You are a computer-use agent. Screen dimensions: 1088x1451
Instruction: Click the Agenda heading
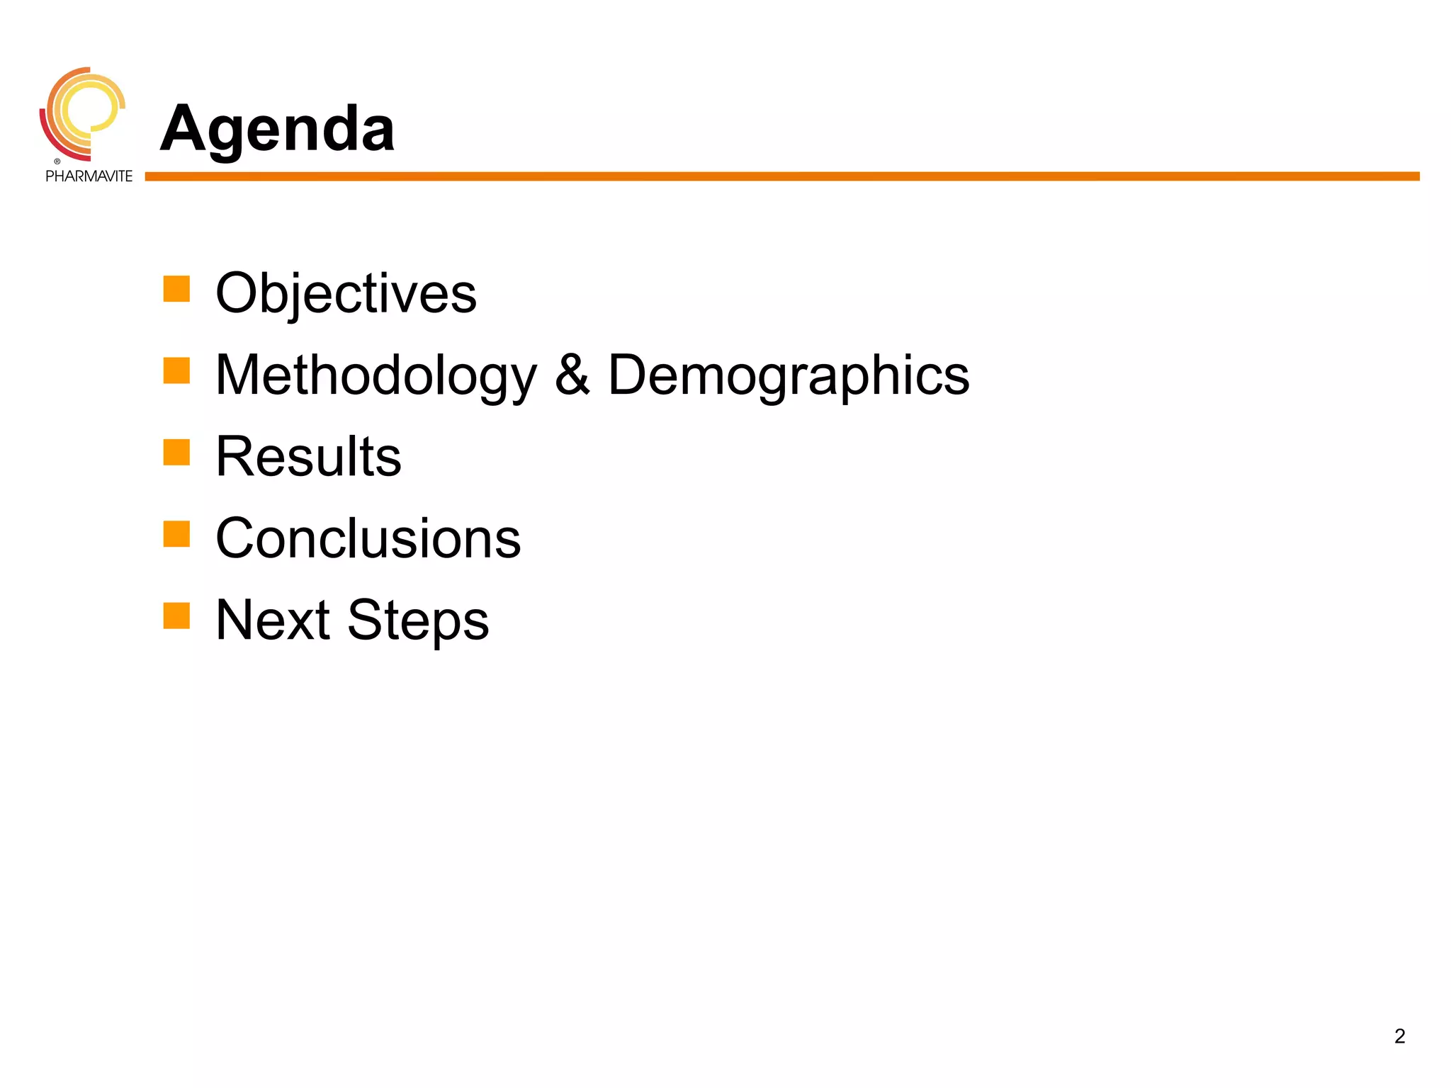point(277,129)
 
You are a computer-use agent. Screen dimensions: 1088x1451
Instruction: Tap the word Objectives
point(346,293)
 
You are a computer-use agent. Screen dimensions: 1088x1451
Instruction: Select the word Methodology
point(376,375)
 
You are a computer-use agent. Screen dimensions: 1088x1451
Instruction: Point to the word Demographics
point(789,375)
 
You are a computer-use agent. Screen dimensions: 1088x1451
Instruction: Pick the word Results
point(308,457)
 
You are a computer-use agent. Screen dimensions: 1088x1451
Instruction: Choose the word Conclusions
point(368,538)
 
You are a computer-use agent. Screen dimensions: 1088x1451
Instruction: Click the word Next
point(273,620)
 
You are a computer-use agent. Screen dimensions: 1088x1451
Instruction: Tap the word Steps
point(418,620)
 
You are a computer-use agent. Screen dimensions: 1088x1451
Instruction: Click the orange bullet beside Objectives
point(176,289)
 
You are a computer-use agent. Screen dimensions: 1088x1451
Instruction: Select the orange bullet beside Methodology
point(176,370)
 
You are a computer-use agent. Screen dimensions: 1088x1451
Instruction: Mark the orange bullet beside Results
point(176,453)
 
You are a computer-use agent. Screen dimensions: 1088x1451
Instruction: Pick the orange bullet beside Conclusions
point(176,534)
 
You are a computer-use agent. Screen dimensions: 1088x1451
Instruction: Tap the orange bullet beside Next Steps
point(176,616)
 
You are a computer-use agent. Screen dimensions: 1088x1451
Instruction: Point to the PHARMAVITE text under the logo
point(89,176)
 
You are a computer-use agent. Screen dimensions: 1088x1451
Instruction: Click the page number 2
point(1399,1036)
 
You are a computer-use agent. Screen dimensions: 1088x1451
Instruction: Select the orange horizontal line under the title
point(779,176)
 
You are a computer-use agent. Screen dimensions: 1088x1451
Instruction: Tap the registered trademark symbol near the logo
point(57,161)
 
